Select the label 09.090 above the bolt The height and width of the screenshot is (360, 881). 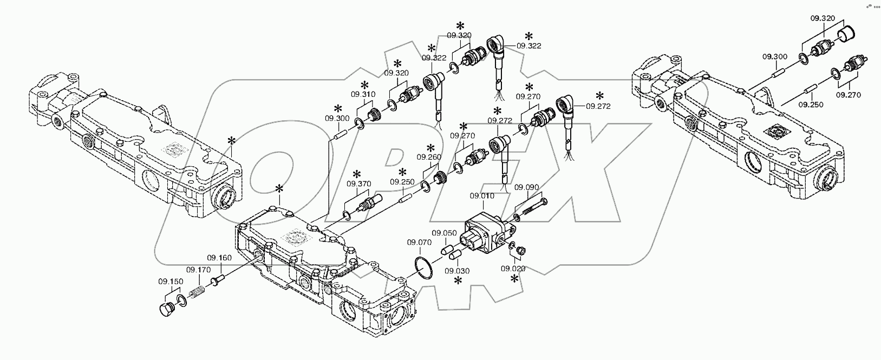pyautogui.click(x=526, y=187)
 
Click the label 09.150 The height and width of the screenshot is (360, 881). pyautogui.click(x=170, y=281)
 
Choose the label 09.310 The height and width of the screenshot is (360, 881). pyautogui.click(x=363, y=94)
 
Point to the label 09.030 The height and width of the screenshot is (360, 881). pyautogui.click(x=458, y=271)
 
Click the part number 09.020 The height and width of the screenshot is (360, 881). pyautogui.click(x=513, y=268)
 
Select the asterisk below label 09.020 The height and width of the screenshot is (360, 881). pyautogui.click(x=514, y=279)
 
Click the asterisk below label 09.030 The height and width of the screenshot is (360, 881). pyautogui.click(x=458, y=280)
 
